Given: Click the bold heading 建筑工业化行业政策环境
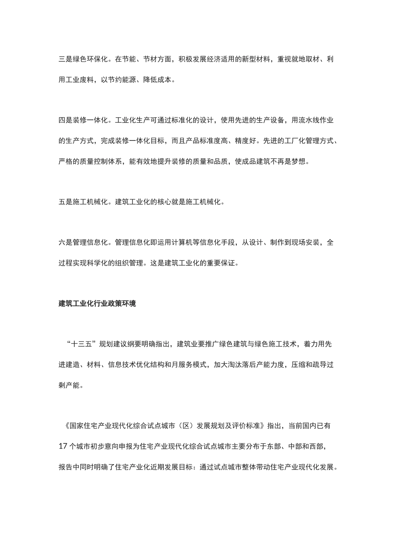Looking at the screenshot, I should click(x=97, y=304).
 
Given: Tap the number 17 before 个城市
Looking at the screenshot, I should click(x=63, y=446).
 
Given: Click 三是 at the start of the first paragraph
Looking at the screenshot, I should click(x=66, y=59).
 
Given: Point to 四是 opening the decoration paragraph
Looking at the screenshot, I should click(x=66, y=121).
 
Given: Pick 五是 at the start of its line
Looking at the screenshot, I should click(x=66, y=202).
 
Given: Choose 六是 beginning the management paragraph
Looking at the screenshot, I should click(x=66, y=242).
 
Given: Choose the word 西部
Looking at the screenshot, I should click(x=323, y=446).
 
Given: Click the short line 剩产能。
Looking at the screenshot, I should click(x=71, y=385).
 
